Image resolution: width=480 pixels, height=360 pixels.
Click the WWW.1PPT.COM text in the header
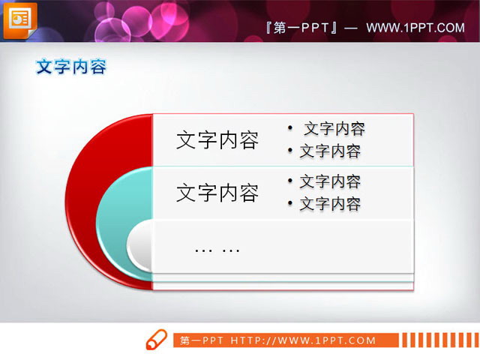[415, 28]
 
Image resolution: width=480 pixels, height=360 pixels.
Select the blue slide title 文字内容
[71, 67]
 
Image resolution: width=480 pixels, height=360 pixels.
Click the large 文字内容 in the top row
[217, 140]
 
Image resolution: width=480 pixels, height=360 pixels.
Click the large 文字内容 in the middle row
[217, 193]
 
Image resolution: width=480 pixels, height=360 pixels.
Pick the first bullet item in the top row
[334, 128]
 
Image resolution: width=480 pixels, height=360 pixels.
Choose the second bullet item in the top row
[330, 151]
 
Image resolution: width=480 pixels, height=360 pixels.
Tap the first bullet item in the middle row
[330, 181]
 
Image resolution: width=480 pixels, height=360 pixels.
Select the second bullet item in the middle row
[330, 204]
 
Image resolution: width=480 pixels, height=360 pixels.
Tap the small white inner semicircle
[140, 246]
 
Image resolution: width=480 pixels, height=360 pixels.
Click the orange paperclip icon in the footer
[156, 339]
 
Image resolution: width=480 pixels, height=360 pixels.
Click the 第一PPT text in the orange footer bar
[202, 341]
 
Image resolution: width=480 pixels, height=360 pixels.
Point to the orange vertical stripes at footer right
[439, 340]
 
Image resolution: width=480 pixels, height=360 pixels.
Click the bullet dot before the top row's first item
[290, 128]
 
